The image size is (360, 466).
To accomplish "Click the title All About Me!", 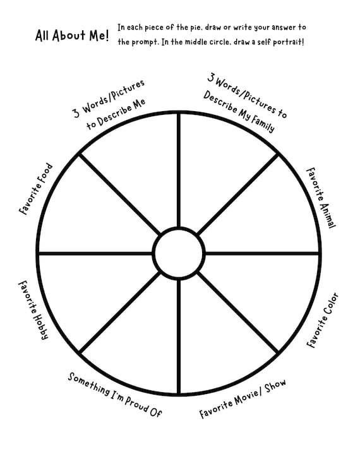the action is (72, 35).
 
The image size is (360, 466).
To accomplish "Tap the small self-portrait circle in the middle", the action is (179, 227).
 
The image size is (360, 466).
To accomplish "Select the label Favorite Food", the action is (35, 189).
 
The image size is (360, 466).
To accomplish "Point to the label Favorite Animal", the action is (321, 198).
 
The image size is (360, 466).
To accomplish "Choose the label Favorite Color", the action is (323, 320).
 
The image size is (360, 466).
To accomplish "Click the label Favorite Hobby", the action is (33, 310).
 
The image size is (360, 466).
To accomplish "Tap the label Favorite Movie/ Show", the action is (243, 398).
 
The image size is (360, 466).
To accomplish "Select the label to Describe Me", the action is (116, 114).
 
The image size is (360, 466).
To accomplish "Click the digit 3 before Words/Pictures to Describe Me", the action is (76, 113).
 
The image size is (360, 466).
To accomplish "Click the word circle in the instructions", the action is (219, 42).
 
